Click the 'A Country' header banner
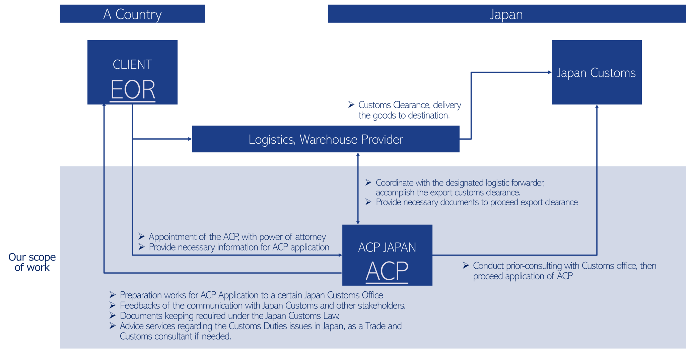(132, 14)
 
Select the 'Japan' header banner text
(506, 14)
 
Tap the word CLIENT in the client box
(132, 64)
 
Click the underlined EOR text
(133, 89)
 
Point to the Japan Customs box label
(596, 73)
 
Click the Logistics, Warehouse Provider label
(326, 139)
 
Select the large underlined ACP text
(387, 271)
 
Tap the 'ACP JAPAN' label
(387, 247)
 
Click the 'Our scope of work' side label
(32, 262)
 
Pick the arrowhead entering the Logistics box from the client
(190, 139)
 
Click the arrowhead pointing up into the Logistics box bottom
(358, 155)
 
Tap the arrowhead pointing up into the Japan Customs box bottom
(597, 107)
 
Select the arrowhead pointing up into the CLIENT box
(104, 106)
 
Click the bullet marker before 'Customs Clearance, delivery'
(351, 104)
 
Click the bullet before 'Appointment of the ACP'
(141, 236)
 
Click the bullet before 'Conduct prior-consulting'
(466, 265)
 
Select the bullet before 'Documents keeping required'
(113, 315)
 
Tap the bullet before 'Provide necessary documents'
(368, 202)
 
